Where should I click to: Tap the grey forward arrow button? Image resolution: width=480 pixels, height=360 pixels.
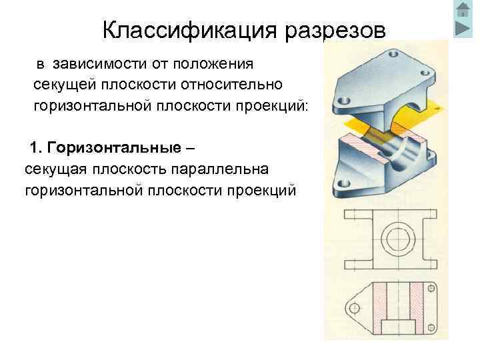(463, 29)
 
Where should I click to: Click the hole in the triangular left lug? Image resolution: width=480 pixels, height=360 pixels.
(354, 307)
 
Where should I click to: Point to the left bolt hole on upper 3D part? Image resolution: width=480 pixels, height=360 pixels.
(343, 101)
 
